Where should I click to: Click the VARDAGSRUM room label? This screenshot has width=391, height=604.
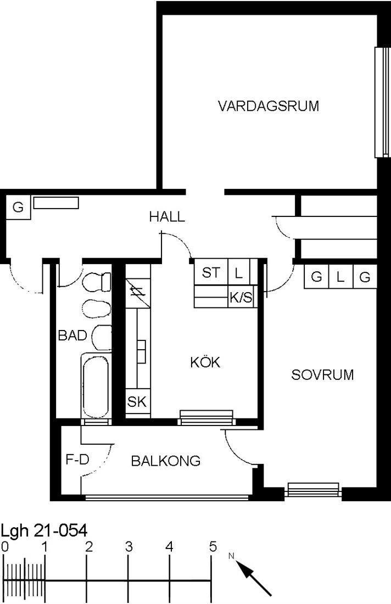click(269, 105)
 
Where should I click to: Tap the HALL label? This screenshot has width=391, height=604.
click(167, 216)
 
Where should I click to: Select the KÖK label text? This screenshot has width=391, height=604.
click(205, 362)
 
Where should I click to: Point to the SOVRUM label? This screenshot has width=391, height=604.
click(322, 375)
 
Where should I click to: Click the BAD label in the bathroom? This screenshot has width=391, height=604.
click(72, 335)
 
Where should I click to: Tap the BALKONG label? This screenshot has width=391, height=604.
click(166, 461)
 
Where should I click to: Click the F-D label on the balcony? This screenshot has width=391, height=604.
click(77, 459)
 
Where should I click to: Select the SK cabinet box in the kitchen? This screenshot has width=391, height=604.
click(137, 402)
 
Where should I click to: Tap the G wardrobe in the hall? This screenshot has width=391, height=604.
click(18, 207)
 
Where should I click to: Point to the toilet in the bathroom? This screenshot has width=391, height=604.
click(97, 282)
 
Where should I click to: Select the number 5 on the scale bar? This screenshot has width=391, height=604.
click(213, 546)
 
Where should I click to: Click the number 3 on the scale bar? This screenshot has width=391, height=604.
click(129, 546)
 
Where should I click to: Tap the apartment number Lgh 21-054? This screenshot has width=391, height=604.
click(44, 531)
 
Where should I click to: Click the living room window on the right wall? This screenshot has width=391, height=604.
click(382, 102)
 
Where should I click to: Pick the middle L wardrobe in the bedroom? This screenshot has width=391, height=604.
click(340, 277)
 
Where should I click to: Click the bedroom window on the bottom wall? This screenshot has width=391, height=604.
click(313, 490)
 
